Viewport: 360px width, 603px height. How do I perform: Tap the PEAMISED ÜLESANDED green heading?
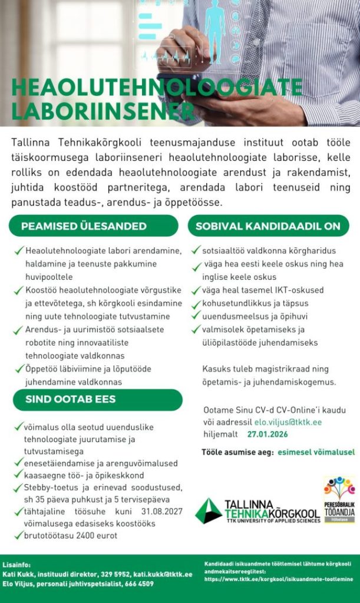click(x=84, y=226)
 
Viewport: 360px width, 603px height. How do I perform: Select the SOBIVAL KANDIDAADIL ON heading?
click(x=268, y=226)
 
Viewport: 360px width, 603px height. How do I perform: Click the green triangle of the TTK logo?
click(x=208, y=511)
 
